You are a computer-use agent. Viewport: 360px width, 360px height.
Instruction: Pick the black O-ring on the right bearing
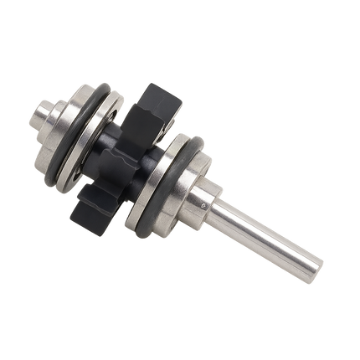click(188, 149)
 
